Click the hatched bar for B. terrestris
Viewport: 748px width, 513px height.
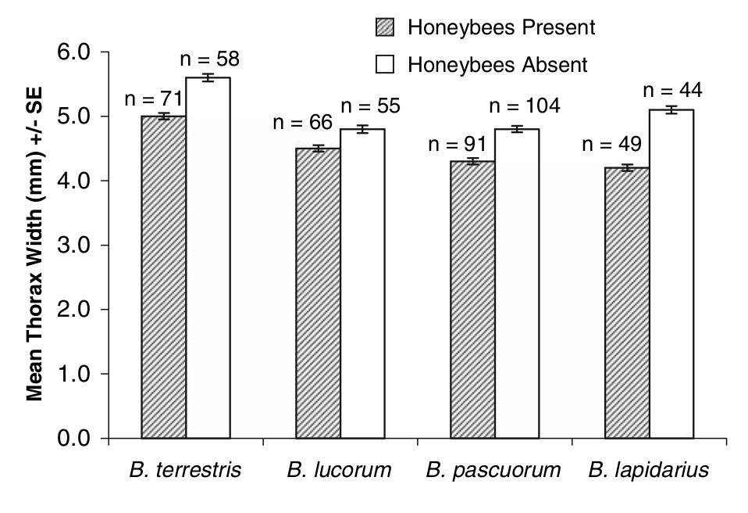point(163,277)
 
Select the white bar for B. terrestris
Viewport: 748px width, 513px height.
point(208,258)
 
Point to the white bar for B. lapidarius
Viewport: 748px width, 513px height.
point(671,274)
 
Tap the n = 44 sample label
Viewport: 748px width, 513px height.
point(672,90)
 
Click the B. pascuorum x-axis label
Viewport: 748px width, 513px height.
point(493,470)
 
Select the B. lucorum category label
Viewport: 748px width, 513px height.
point(339,470)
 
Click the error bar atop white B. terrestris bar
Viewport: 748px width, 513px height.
point(208,77)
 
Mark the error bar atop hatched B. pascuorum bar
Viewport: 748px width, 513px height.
point(472,162)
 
